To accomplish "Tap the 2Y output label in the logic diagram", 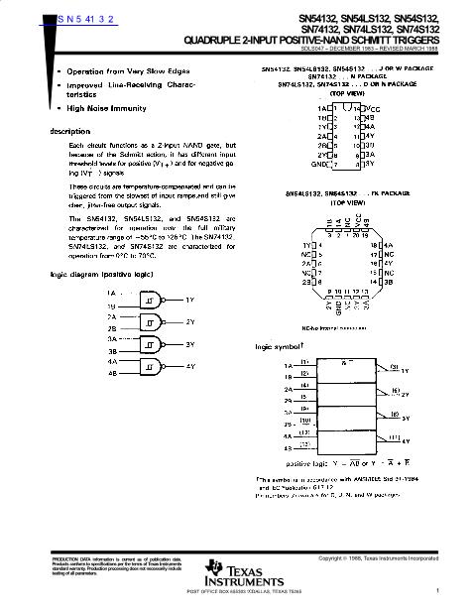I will pyautogui.click(x=189, y=322).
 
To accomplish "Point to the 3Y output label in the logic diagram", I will pyautogui.click(x=189, y=345).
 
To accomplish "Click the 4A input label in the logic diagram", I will pyautogui.click(x=112, y=362).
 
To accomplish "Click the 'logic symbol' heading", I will pyautogui.click(x=277, y=347).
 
